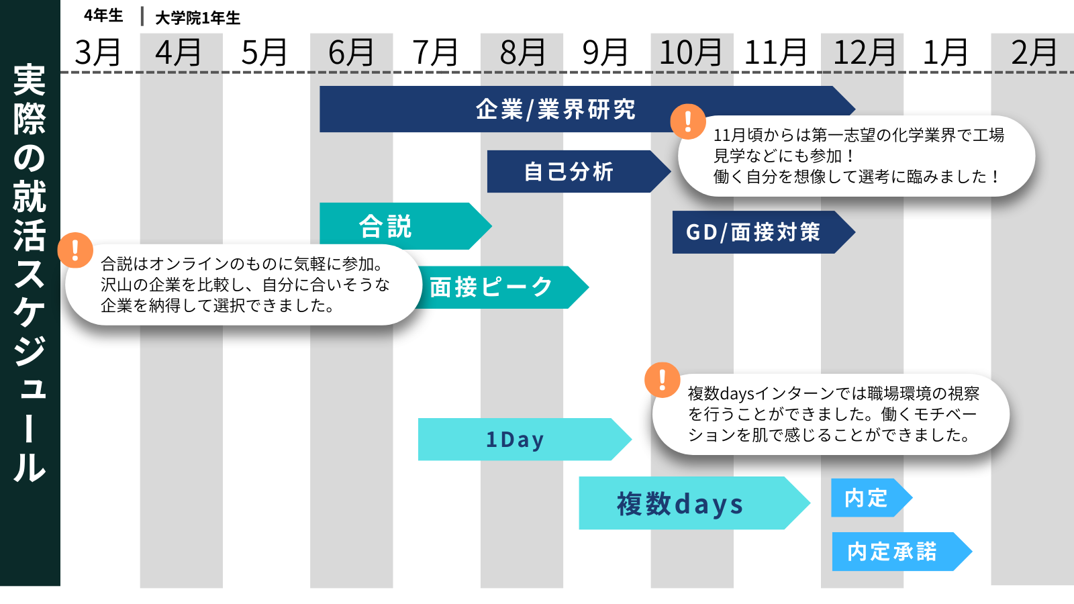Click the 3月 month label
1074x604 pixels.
point(97,52)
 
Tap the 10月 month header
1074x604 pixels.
point(691,52)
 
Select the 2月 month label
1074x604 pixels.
point(1034,52)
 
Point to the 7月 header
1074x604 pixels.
point(435,52)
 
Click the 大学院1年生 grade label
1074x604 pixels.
point(197,18)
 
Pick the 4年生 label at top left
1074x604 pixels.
point(103,16)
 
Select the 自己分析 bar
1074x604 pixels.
point(579,172)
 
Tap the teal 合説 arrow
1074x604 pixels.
point(405,225)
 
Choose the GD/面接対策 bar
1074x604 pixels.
point(764,232)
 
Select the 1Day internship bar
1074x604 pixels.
point(524,440)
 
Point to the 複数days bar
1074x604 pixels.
point(694,503)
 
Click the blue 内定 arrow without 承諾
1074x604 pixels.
point(871,498)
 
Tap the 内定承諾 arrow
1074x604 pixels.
point(902,552)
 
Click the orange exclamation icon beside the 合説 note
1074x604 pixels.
point(75,250)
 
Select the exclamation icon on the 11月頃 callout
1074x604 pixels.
point(688,121)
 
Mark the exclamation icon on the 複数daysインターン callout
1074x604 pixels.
point(662,380)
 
